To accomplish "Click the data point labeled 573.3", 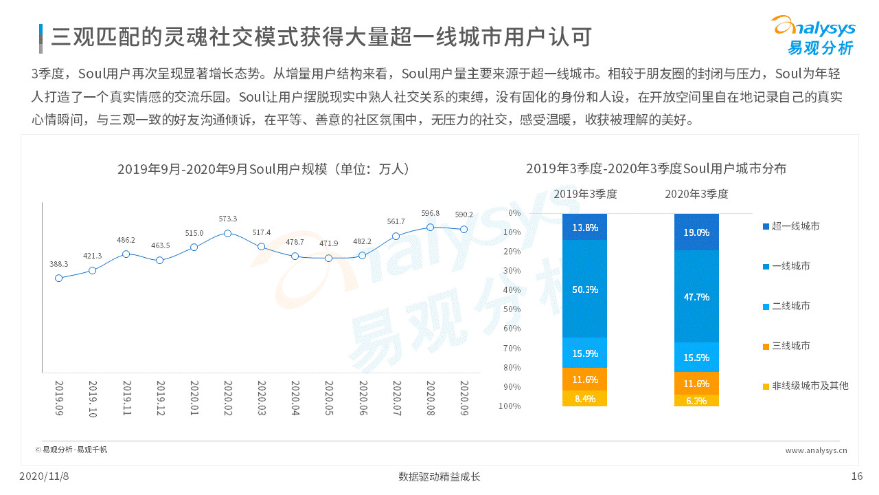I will [227, 233].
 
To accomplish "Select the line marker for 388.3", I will [58, 278].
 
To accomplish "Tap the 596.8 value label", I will [431, 213].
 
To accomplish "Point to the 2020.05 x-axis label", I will [328, 397].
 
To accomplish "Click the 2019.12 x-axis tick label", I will [160, 397].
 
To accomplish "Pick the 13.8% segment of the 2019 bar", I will [584, 227].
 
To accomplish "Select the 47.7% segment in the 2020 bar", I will [696, 296].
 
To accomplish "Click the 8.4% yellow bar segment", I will [584, 399].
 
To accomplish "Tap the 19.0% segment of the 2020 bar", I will [696, 232].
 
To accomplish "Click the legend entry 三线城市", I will [790, 346].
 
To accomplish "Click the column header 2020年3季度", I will [696, 194].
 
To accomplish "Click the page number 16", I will [856, 476].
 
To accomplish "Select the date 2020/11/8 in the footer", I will [44, 476].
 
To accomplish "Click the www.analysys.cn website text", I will [816, 450].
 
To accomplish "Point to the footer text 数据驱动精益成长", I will [439, 476].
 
